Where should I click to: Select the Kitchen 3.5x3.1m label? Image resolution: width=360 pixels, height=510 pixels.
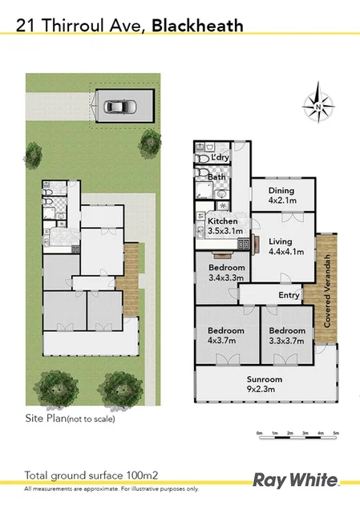(224, 225)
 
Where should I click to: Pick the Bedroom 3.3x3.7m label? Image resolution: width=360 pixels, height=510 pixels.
(286, 335)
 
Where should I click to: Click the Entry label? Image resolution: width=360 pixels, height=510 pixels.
(289, 296)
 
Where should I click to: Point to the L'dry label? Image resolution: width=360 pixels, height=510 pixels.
(220, 156)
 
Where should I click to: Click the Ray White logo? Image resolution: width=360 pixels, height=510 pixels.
(294, 480)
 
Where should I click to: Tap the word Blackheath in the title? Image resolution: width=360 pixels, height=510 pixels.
(200, 27)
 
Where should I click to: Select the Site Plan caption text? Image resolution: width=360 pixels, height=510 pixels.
(71, 419)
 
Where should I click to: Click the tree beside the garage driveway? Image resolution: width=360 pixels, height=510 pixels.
(148, 145)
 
